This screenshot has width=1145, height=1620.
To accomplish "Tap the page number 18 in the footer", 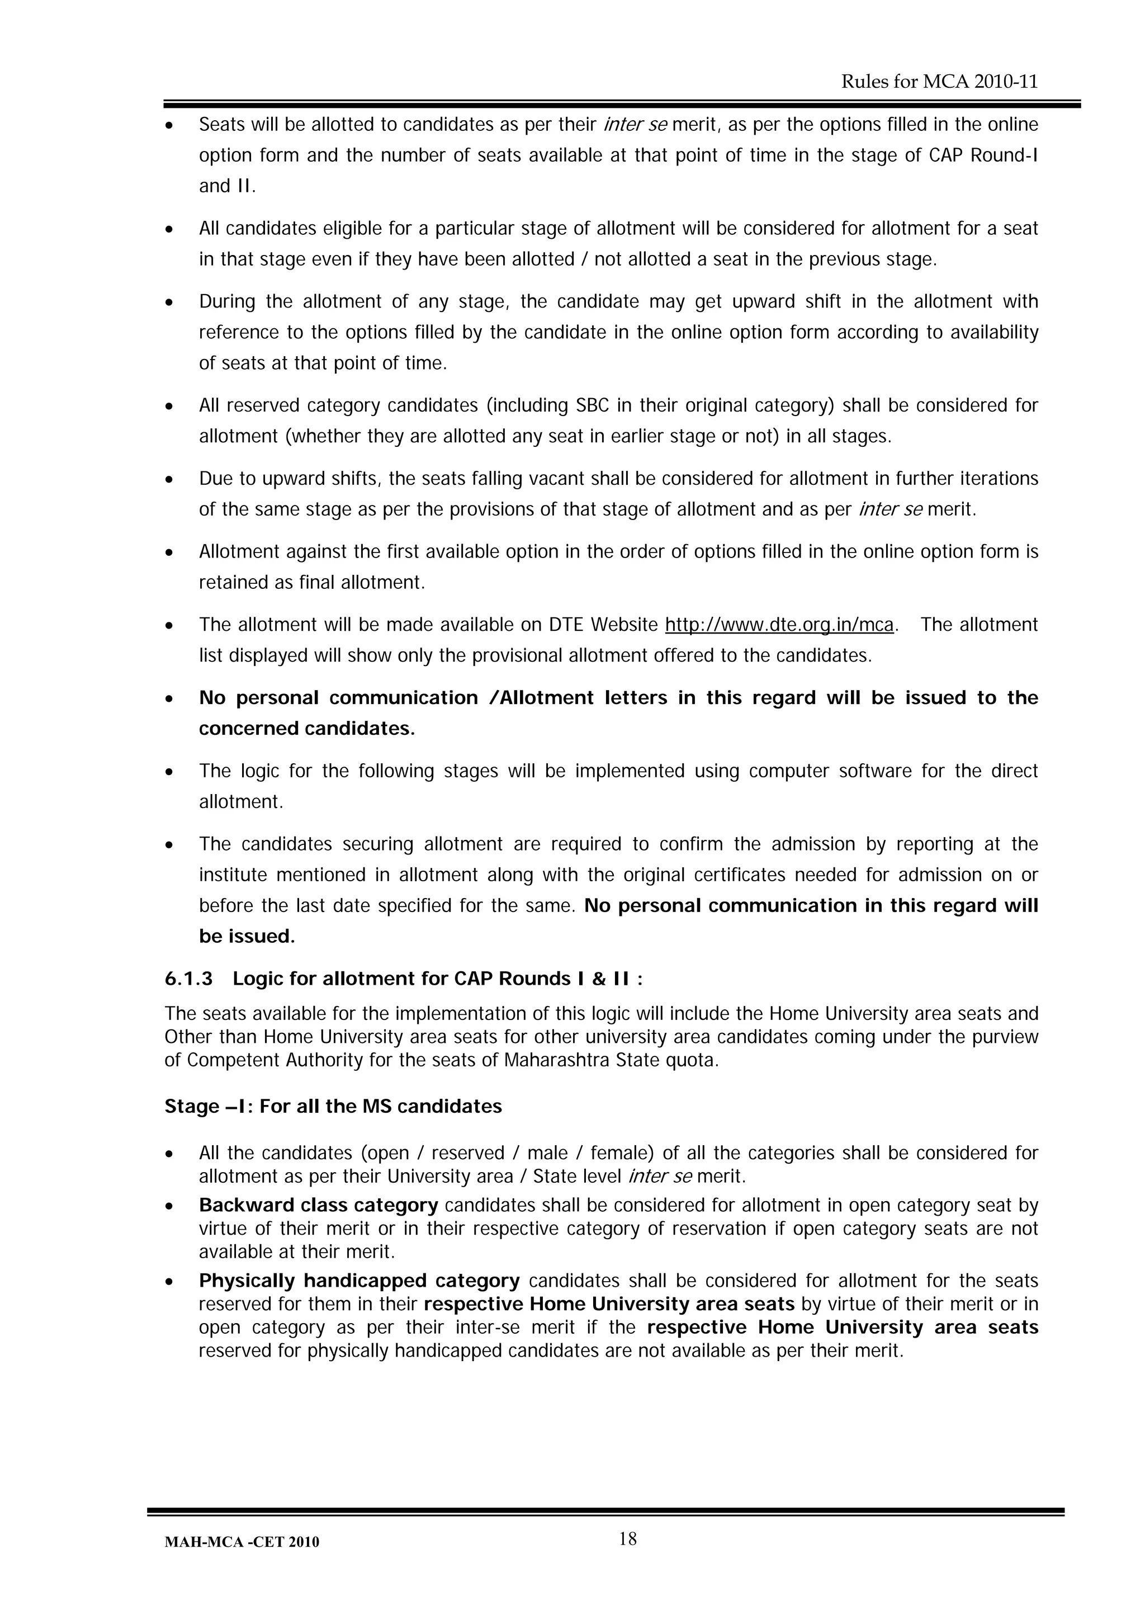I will pos(628,1539).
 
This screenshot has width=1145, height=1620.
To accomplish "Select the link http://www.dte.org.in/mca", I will pos(779,625).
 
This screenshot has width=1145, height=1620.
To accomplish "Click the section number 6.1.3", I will pos(188,979).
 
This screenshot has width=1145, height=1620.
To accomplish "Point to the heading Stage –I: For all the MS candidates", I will pos(333,1106).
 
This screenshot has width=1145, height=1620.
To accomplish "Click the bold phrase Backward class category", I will pos(318,1205).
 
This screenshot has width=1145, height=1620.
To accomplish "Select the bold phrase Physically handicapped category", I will pos(359,1281).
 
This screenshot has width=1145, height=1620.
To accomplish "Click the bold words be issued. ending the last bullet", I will pos(247,937).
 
